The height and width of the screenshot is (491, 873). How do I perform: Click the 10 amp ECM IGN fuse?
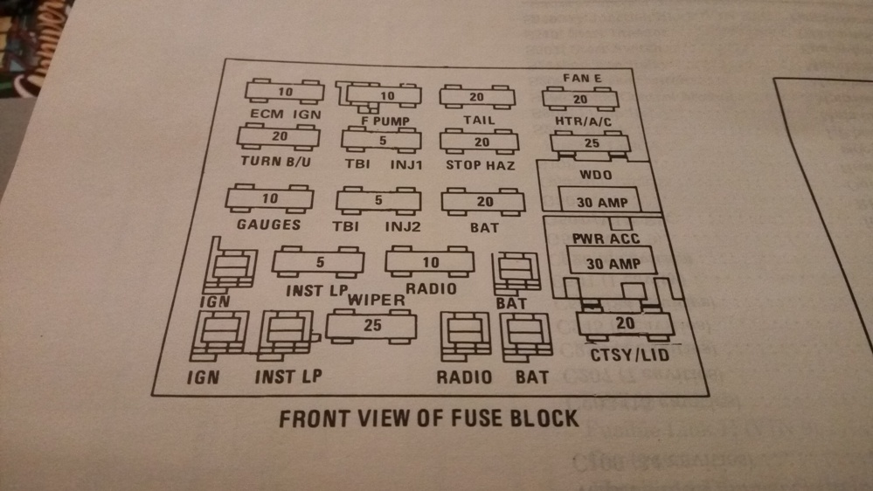[x=285, y=92]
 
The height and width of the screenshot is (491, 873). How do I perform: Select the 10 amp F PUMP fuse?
[x=385, y=95]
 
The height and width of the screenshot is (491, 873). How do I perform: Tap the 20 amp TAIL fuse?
[x=475, y=97]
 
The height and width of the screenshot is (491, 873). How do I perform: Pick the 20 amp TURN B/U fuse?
[x=279, y=136]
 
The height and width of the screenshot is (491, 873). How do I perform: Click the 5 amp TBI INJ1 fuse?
[x=381, y=140]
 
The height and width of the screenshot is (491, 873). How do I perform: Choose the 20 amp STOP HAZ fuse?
[x=482, y=142]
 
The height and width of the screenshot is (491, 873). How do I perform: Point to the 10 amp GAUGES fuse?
[x=270, y=199]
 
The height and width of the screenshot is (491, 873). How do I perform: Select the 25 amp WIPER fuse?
[x=372, y=326]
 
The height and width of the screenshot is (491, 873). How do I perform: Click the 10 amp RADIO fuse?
[x=431, y=262]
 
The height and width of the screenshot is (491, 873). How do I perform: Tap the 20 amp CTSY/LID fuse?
[x=625, y=324]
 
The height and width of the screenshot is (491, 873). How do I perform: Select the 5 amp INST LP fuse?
[x=319, y=261]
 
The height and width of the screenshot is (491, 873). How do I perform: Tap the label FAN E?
[x=582, y=79]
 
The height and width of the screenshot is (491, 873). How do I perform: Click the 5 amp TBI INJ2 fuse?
[x=378, y=201]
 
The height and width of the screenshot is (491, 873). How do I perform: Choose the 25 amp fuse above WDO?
[x=592, y=142]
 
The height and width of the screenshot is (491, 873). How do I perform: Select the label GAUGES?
[x=268, y=225]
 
